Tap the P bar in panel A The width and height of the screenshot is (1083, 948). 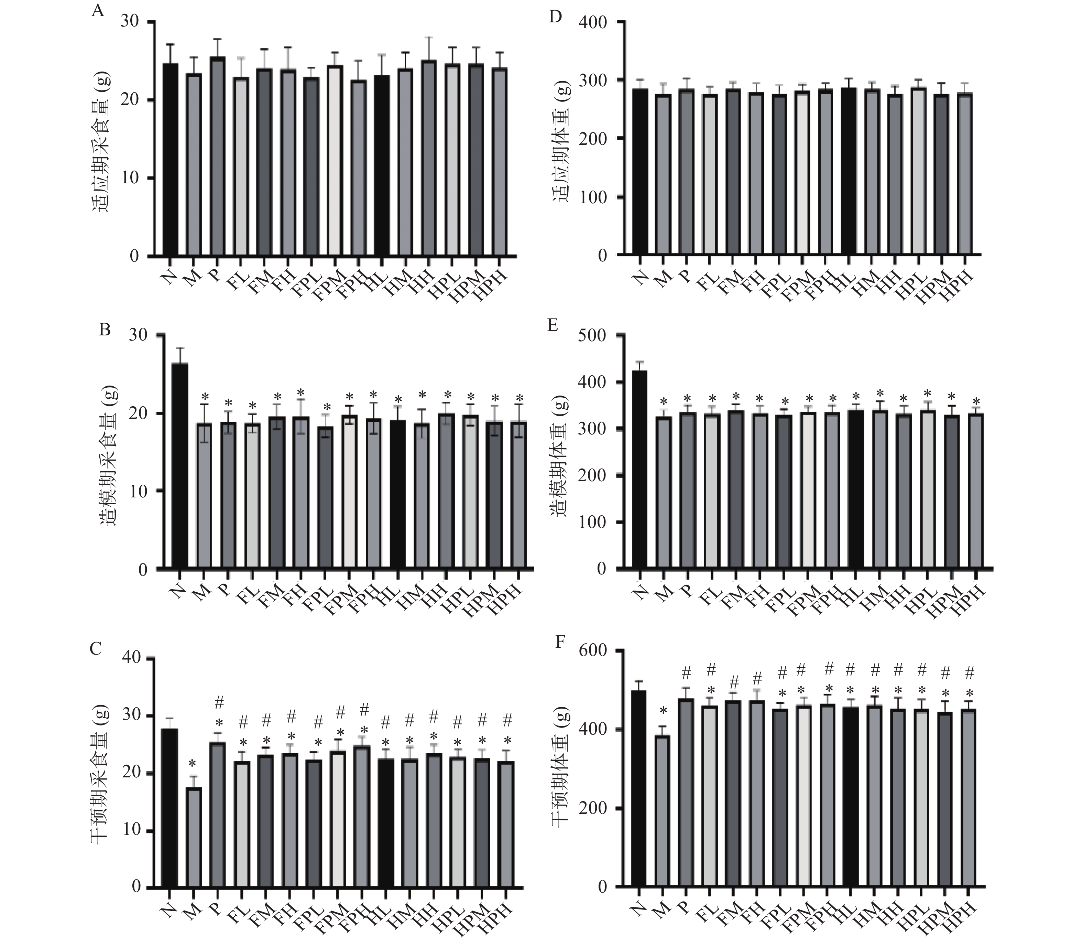217,157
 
